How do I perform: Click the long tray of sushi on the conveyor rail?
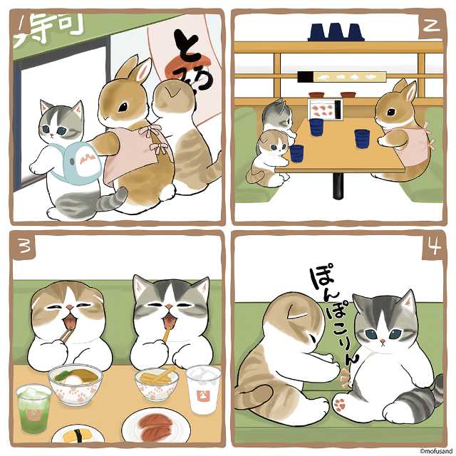click(340, 76)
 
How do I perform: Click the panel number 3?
click(24, 246)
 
